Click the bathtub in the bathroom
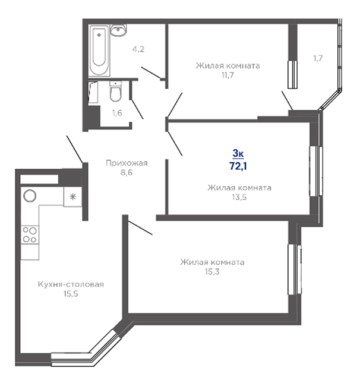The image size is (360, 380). pos(99,50)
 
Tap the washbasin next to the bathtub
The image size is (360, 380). pos(118,30)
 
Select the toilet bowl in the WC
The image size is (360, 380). pos(115,91)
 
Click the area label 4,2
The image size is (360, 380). pos(138,49)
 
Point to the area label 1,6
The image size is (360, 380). pos(117,113)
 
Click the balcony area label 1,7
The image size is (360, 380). pos(318,58)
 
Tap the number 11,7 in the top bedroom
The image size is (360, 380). pos(228,75)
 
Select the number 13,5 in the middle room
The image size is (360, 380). pos(239,197)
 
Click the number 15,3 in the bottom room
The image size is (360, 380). pos(212,272)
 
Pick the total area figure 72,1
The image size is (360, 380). pos(238,166)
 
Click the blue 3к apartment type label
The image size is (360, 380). pos(238,153)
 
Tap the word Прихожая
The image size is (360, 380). pos(127,163)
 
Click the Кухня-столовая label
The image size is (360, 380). pos(71,284)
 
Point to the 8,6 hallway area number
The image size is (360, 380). pos(127,173)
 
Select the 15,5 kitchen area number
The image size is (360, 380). pos(71,294)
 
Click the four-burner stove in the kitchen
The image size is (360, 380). pos(30,235)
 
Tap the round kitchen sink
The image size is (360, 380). pos(30,195)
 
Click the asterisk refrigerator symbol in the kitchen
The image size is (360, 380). pos(72,197)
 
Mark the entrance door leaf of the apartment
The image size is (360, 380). pos(75,149)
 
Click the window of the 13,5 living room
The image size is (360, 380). pos(316,171)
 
